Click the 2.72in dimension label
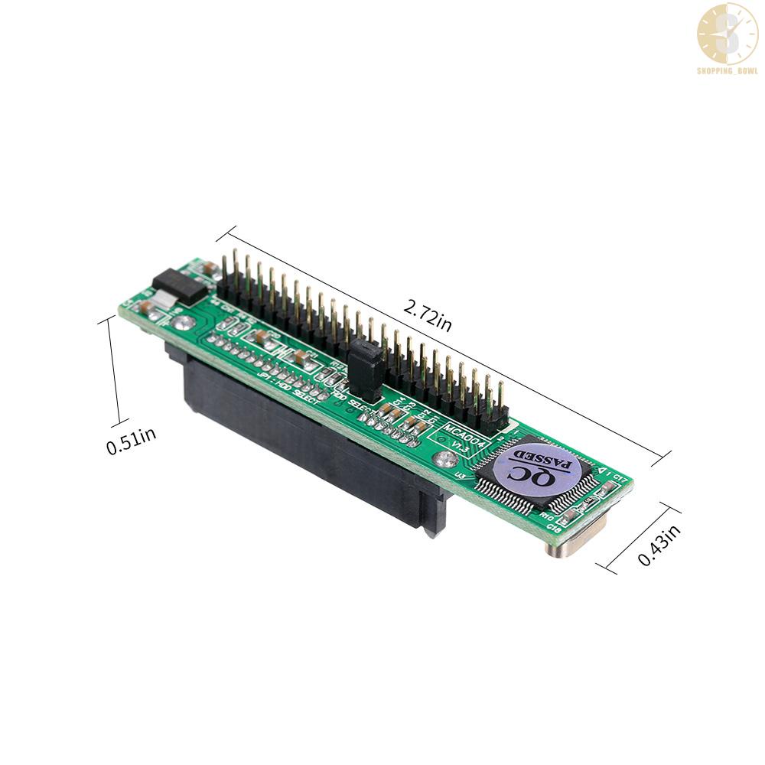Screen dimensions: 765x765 click(x=428, y=317)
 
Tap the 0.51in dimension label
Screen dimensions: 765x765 click(x=132, y=442)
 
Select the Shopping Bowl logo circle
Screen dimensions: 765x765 click(x=727, y=33)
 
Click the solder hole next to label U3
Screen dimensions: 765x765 click(x=444, y=461)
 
